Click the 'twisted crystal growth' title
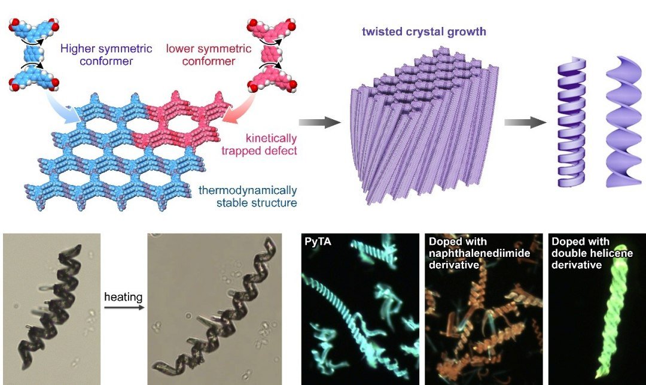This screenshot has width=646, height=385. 424,32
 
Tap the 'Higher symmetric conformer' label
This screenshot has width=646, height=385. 106,55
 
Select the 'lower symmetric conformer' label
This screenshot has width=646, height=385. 209,55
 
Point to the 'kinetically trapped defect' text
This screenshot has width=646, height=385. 259,144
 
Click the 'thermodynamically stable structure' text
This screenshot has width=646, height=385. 248,196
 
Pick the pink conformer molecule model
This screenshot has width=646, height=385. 272,54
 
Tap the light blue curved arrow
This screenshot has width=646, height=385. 64,107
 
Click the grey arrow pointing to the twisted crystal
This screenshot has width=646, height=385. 319,122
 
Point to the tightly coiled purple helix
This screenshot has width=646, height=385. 572,122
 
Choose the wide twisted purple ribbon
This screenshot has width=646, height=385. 623,122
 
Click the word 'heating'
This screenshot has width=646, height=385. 123,297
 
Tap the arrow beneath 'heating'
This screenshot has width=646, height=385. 124,307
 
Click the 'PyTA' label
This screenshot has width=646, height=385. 318,241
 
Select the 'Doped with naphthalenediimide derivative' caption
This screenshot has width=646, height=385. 479,253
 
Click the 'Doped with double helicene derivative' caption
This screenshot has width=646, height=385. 592,253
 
